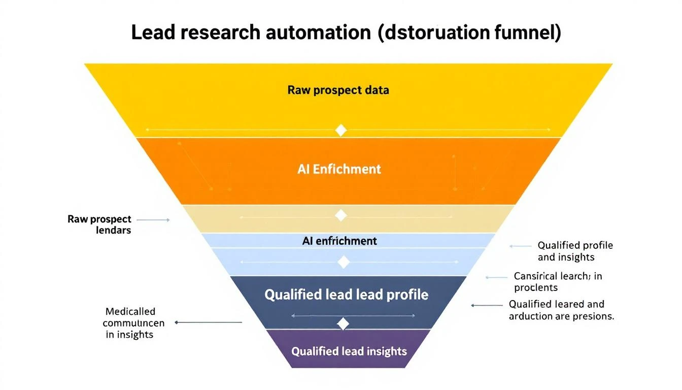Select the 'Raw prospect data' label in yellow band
pos(338,90)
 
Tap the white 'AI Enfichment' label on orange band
pos(339,169)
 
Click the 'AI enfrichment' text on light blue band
pos(339,241)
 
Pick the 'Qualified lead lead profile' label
pos(347,295)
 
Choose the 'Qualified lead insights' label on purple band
pos(349,351)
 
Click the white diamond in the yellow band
pos(341,130)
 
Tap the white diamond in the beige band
pos(341,216)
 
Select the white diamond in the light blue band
pos(344,262)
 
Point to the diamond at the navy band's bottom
pos(344,323)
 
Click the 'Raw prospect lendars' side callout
pos(99,224)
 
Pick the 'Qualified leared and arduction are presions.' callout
pos(561,310)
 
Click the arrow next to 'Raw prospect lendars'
pos(153,220)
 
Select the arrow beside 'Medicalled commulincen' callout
pos(208,322)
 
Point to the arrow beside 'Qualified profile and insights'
pos(520,246)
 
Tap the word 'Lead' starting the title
pos(151,32)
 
